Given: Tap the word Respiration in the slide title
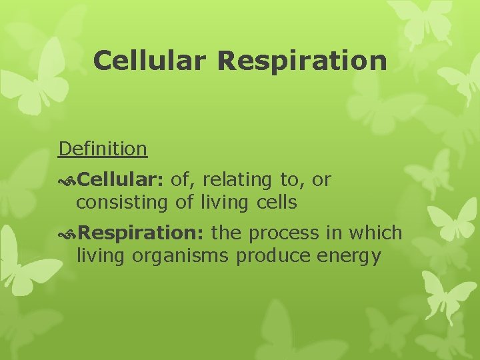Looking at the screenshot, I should (302, 60).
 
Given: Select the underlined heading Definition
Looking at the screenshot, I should (103, 148).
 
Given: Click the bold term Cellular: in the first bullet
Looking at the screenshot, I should (121, 179).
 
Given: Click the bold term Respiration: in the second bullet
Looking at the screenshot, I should (141, 233).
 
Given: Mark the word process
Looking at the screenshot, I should (286, 233).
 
